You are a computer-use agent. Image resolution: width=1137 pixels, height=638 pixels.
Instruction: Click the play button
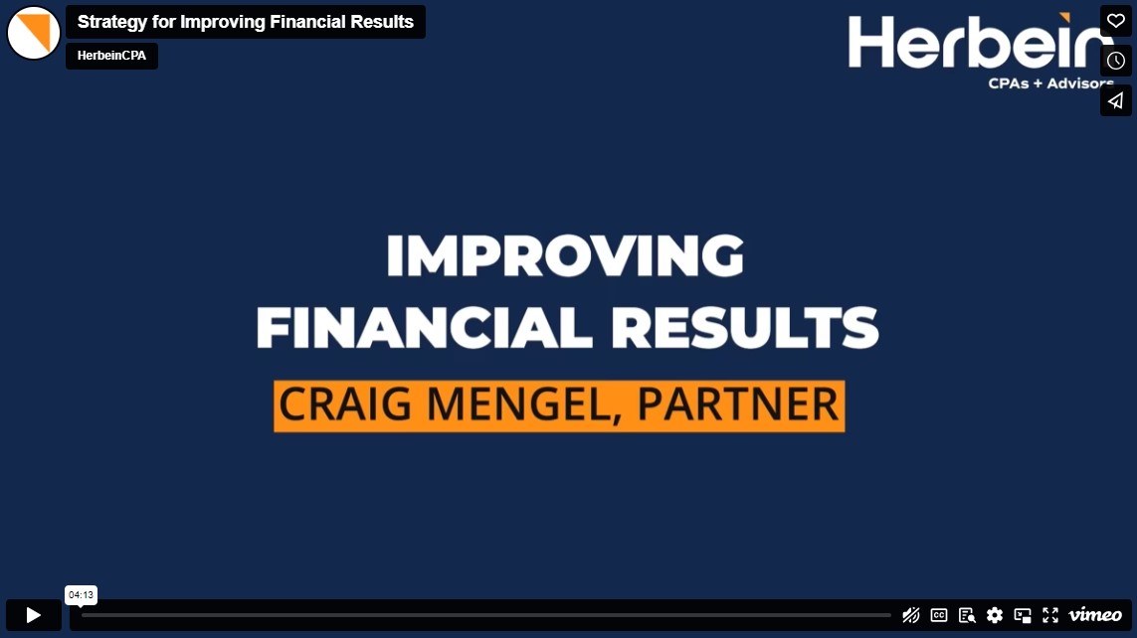34,615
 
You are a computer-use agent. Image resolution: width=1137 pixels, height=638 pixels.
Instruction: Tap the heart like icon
1115,21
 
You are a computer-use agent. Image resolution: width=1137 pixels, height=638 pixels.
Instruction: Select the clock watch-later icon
1115,61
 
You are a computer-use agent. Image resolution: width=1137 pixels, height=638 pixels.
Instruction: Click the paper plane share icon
1115,100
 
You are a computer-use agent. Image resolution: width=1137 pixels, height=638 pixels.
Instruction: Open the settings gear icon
994,615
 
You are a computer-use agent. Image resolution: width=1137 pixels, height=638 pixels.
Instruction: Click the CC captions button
938,615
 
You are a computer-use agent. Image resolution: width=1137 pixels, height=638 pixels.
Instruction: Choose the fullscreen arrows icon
1050,615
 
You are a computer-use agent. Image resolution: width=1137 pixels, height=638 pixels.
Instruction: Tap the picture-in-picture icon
1023,615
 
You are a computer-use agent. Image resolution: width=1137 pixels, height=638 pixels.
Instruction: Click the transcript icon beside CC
967,615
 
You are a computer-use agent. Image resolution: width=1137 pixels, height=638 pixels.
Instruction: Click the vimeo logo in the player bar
1095,615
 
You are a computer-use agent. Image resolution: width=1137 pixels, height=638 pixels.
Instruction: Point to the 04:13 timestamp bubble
82,594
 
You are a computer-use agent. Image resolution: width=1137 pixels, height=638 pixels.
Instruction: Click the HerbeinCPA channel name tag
111,56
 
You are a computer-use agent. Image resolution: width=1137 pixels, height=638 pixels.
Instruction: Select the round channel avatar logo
34,34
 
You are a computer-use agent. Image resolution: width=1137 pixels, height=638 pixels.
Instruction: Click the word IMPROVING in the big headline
565,255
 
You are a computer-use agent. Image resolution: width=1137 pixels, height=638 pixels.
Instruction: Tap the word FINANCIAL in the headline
424,327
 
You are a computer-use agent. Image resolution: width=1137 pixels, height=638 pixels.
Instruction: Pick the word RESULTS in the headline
745,327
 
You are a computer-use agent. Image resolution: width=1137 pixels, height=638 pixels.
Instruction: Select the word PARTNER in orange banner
738,403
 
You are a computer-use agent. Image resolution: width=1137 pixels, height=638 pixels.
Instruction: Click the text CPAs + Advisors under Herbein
1051,83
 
